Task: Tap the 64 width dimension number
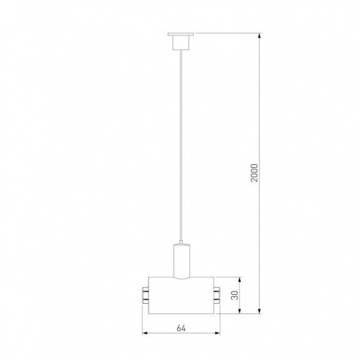(x=181, y=328)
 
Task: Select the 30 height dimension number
(x=235, y=295)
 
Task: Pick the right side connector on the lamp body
(x=218, y=295)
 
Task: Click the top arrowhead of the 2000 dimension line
(x=262, y=37)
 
